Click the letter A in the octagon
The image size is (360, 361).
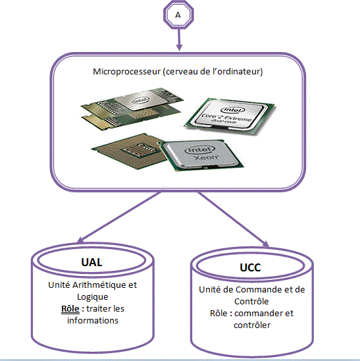[178, 15]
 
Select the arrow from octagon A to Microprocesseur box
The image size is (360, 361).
[179, 40]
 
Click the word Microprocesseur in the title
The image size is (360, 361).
[126, 72]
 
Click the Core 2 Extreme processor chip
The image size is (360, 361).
[230, 117]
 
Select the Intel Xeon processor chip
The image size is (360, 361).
[201, 155]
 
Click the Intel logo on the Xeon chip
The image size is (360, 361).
[199, 150]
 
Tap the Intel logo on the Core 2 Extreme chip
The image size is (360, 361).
[232, 110]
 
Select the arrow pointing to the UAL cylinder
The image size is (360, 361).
[120, 217]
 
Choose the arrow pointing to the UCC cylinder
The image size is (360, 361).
[233, 219]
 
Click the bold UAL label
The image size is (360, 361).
[91, 262]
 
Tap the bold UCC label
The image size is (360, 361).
[250, 267]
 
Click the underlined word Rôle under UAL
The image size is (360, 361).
[70, 309]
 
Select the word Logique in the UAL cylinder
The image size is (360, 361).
[93, 297]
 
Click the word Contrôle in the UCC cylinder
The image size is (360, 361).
[251, 301]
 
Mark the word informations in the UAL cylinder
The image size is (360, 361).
[93, 320]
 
